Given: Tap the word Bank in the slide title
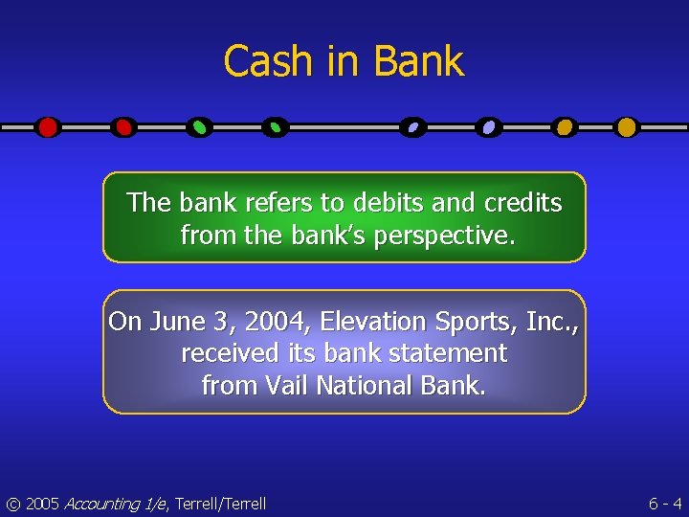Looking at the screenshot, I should click(x=419, y=62).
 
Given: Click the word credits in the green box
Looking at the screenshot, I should click(x=522, y=203).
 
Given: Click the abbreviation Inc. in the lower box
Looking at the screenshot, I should click(x=551, y=322).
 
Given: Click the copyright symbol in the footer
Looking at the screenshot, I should click(x=12, y=504).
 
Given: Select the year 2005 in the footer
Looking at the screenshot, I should click(x=42, y=504).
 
